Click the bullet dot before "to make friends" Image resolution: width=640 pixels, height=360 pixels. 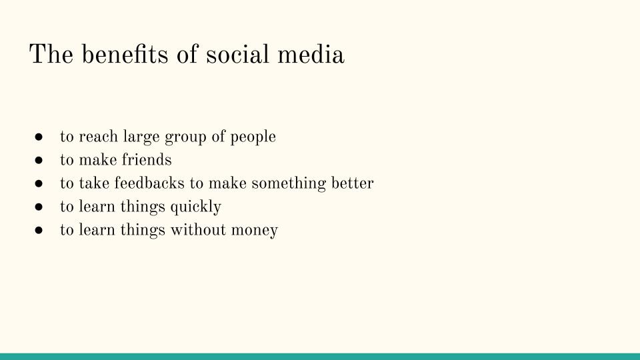(39, 161)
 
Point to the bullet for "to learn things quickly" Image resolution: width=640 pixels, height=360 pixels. (39, 207)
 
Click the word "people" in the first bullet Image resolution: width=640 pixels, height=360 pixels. (253, 137)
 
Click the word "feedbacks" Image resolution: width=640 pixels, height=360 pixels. (153, 183)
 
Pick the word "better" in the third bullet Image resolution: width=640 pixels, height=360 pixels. (353, 183)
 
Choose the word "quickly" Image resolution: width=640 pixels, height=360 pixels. (195, 207)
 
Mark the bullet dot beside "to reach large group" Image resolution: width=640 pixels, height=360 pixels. (39, 137)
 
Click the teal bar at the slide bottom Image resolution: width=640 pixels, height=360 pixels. (320, 357)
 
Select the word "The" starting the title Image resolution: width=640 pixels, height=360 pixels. (52, 54)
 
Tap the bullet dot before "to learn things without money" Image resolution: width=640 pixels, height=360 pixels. (39, 231)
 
